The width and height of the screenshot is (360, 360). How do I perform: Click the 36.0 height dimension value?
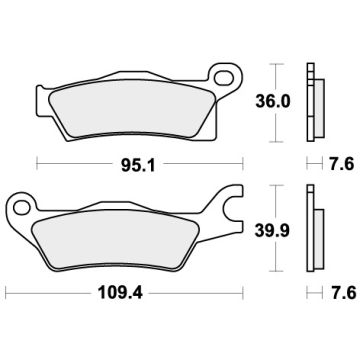point(283,103)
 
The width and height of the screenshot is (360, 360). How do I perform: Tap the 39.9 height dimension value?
point(283,231)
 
